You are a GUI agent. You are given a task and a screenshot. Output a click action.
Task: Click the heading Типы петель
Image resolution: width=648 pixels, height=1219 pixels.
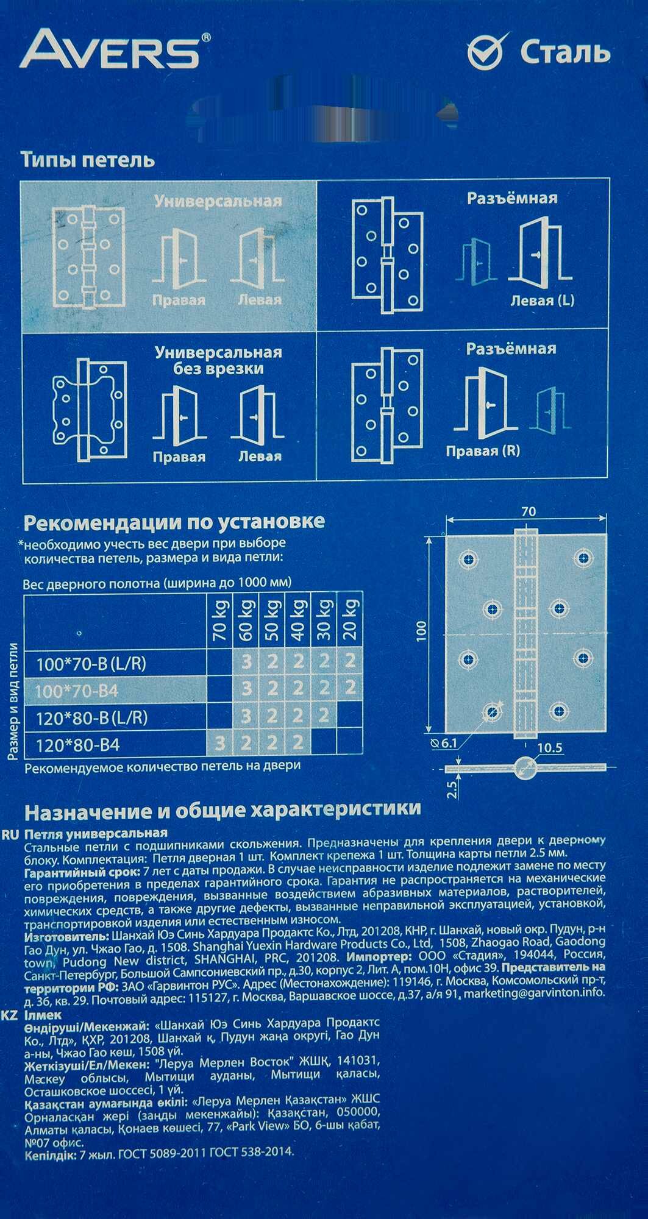(x=88, y=160)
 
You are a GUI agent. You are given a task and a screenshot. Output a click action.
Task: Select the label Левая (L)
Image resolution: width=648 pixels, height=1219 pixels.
(x=542, y=300)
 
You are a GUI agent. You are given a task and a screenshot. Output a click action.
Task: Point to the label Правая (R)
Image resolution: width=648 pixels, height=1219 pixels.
(x=482, y=451)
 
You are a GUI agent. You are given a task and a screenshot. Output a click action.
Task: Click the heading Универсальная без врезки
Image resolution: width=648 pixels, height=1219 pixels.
(x=218, y=360)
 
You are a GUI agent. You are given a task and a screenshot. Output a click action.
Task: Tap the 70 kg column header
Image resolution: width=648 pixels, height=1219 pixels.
(x=220, y=619)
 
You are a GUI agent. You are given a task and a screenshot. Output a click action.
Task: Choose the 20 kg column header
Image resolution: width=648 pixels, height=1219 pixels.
(x=350, y=619)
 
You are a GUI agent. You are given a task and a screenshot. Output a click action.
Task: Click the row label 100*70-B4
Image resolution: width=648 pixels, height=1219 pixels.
(x=77, y=691)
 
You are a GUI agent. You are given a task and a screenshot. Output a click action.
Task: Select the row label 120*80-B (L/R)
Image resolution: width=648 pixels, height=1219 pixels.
(x=91, y=717)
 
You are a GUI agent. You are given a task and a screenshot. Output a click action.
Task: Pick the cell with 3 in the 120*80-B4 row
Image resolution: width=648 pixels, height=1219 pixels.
(x=220, y=744)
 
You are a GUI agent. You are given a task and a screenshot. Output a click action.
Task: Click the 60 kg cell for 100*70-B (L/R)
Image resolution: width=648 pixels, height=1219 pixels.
(x=246, y=663)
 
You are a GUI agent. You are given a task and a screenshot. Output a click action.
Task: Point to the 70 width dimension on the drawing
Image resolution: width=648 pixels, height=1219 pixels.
(x=528, y=511)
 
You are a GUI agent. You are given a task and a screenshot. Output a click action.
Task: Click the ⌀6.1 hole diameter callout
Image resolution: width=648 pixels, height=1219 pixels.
(x=443, y=743)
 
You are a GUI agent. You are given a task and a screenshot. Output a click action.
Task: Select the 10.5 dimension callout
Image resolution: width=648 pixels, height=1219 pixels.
(x=549, y=748)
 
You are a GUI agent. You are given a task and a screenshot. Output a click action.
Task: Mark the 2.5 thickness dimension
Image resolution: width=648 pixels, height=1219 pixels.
(x=452, y=789)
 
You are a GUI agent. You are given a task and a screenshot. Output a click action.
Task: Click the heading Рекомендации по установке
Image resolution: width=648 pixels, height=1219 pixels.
(x=174, y=522)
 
